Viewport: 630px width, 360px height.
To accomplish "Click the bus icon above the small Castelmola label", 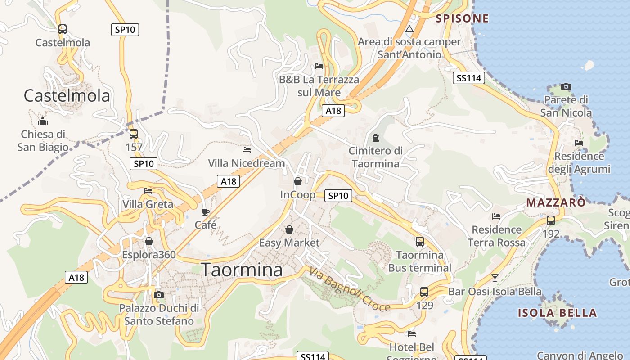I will point(63,29).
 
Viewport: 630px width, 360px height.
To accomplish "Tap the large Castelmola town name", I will point(67,96).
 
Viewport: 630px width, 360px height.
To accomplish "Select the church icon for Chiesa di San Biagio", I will point(43,121).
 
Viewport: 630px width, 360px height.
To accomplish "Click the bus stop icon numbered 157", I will point(134,134).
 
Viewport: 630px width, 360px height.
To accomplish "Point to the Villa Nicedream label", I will point(247,163).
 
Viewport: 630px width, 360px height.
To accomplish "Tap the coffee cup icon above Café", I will point(206,212).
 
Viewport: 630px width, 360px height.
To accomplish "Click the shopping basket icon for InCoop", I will point(297,181).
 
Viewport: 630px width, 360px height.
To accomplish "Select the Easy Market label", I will point(289,243).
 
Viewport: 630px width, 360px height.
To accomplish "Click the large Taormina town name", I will point(242,270).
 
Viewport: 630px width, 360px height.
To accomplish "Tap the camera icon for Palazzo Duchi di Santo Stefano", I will point(158,295).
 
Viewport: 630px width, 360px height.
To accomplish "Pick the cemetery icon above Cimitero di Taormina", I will point(376,138).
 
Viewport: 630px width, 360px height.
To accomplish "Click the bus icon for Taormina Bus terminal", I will point(419,242).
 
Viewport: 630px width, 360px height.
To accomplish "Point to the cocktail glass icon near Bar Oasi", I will point(495,278).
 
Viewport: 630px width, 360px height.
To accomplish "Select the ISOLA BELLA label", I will point(557,313).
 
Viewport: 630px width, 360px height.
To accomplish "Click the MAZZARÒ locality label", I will point(556,202).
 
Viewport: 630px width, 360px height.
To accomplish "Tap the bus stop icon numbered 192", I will point(550,220).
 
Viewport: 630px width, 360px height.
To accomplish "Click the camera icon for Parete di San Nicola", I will point(566,86).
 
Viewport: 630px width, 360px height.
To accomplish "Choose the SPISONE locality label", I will point(462,18).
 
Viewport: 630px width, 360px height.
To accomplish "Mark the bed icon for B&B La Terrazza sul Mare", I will point(319,66).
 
